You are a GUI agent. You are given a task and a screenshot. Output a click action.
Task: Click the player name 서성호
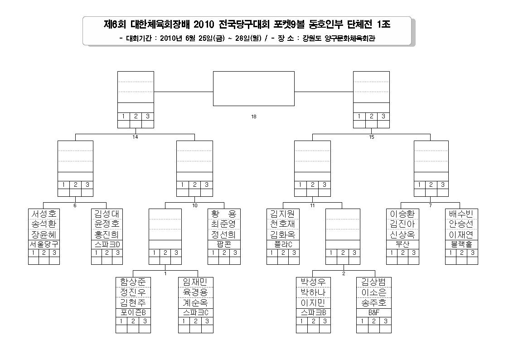[44, 214]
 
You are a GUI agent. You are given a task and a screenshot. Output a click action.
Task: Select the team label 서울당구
[44, 244]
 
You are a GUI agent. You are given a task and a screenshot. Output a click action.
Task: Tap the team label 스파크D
[107, 244]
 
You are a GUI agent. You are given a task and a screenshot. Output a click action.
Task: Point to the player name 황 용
[224, 214]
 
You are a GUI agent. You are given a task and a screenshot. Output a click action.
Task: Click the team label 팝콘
[224, 244]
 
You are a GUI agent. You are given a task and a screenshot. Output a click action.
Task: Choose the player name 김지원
[283, 214]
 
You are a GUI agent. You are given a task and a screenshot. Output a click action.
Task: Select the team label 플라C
[283, 244]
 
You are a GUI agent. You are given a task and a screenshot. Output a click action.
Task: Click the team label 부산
[402, 244]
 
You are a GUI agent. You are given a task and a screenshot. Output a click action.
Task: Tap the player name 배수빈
[461, 214]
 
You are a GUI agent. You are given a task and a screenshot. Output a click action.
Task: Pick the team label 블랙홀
[461, 244]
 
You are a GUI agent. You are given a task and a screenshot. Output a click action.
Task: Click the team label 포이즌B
[133, 312]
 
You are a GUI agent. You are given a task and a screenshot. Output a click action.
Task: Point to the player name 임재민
[195, 282]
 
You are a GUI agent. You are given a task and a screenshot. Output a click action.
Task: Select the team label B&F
[373, 312]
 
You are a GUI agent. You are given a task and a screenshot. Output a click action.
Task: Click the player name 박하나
[313, 292]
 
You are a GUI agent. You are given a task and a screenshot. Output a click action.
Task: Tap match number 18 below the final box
[254, 117]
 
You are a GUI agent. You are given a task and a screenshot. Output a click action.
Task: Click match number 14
[136, 137]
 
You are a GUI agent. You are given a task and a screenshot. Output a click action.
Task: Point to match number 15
[372, 137]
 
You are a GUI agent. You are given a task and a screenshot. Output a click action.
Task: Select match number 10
[195, 205]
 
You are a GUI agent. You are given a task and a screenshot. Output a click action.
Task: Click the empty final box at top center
[254, 88]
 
